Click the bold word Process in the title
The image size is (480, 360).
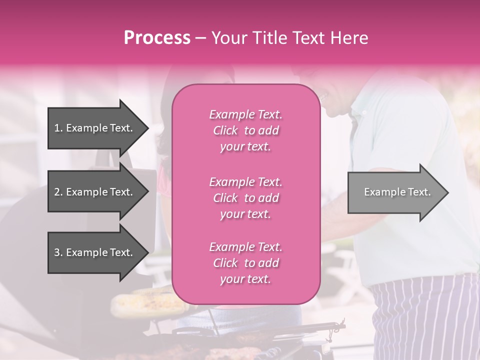coord(157,38)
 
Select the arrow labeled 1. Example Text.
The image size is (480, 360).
coord(95,128)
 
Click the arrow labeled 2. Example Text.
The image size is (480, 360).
coord(95,192)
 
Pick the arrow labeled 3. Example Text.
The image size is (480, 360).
coord(95,252)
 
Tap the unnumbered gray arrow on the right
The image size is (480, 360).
coord(395,192)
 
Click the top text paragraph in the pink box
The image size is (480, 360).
coord(245,130)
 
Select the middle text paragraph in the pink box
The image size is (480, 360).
coord(245,198)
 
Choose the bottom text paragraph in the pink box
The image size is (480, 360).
coord(245,263)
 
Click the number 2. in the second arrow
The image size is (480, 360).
coord(58,192)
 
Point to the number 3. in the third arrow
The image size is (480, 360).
coord(58,252)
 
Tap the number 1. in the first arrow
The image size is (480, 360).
coord(58,128)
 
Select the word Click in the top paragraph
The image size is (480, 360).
coord(225,130)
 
